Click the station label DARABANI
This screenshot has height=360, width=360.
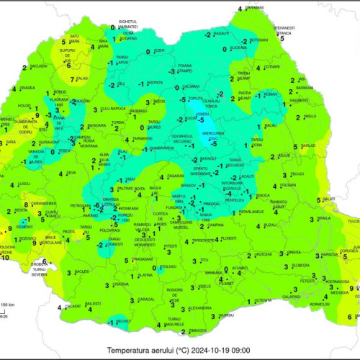click(254, 6)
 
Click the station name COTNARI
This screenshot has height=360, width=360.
click(271, 67)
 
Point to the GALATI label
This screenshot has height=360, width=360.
click(330, 199)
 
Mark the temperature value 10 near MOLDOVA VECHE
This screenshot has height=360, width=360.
click(6, 257)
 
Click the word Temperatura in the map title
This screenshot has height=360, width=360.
click(132, 350)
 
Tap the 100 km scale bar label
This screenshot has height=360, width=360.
click(10, 305)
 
